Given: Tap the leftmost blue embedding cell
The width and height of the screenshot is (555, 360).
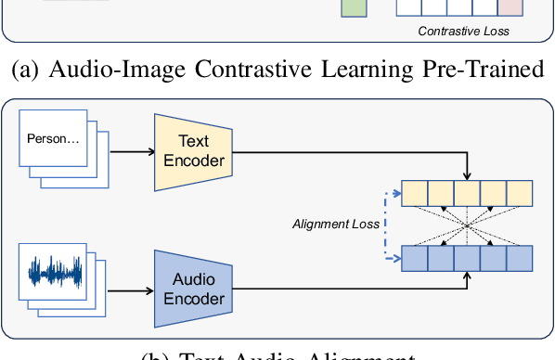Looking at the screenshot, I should [x=415, y=256].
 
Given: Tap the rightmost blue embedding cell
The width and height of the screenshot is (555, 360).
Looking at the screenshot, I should [x=520, y=256].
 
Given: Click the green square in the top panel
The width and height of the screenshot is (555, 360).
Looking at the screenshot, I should [x=354, y=8].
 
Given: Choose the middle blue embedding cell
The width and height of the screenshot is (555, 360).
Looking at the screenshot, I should [x=467, y=256].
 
